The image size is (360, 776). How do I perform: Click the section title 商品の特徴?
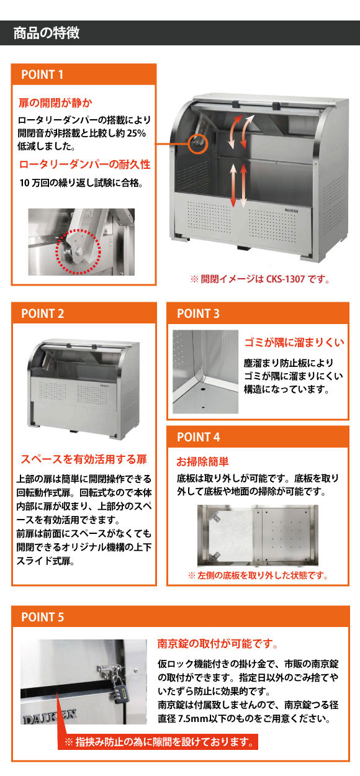47,33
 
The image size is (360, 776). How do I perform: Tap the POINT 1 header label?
42,74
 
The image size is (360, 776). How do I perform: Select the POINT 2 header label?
43,314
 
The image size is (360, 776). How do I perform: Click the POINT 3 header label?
198,314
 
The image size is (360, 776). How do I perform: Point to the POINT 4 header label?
198,437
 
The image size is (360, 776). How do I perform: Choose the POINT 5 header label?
43,617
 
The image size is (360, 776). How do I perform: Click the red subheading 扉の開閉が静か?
55,103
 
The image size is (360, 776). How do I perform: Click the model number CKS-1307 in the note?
286,279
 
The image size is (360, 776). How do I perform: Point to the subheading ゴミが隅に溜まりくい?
294,342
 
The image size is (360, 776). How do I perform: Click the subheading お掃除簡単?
203,461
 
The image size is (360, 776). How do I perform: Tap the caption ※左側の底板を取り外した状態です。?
258,575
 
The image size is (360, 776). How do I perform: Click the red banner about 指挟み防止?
158,742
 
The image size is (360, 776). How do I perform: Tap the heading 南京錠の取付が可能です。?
218,644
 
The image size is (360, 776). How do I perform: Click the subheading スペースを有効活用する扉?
84,459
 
